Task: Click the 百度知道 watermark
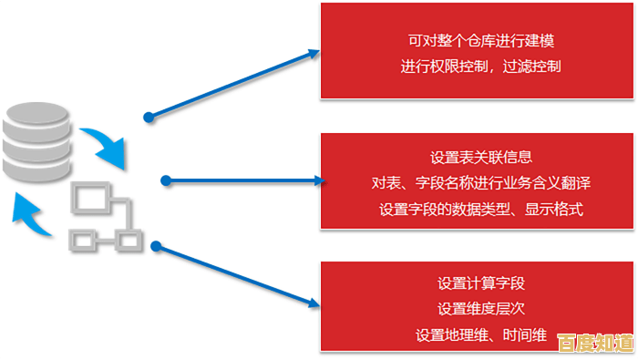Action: [x=594, y=343]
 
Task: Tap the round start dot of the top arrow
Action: [x=149, y=117]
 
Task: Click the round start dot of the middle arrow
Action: [x=166, y=180]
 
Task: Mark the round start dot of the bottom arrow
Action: [x=156, y=245]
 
